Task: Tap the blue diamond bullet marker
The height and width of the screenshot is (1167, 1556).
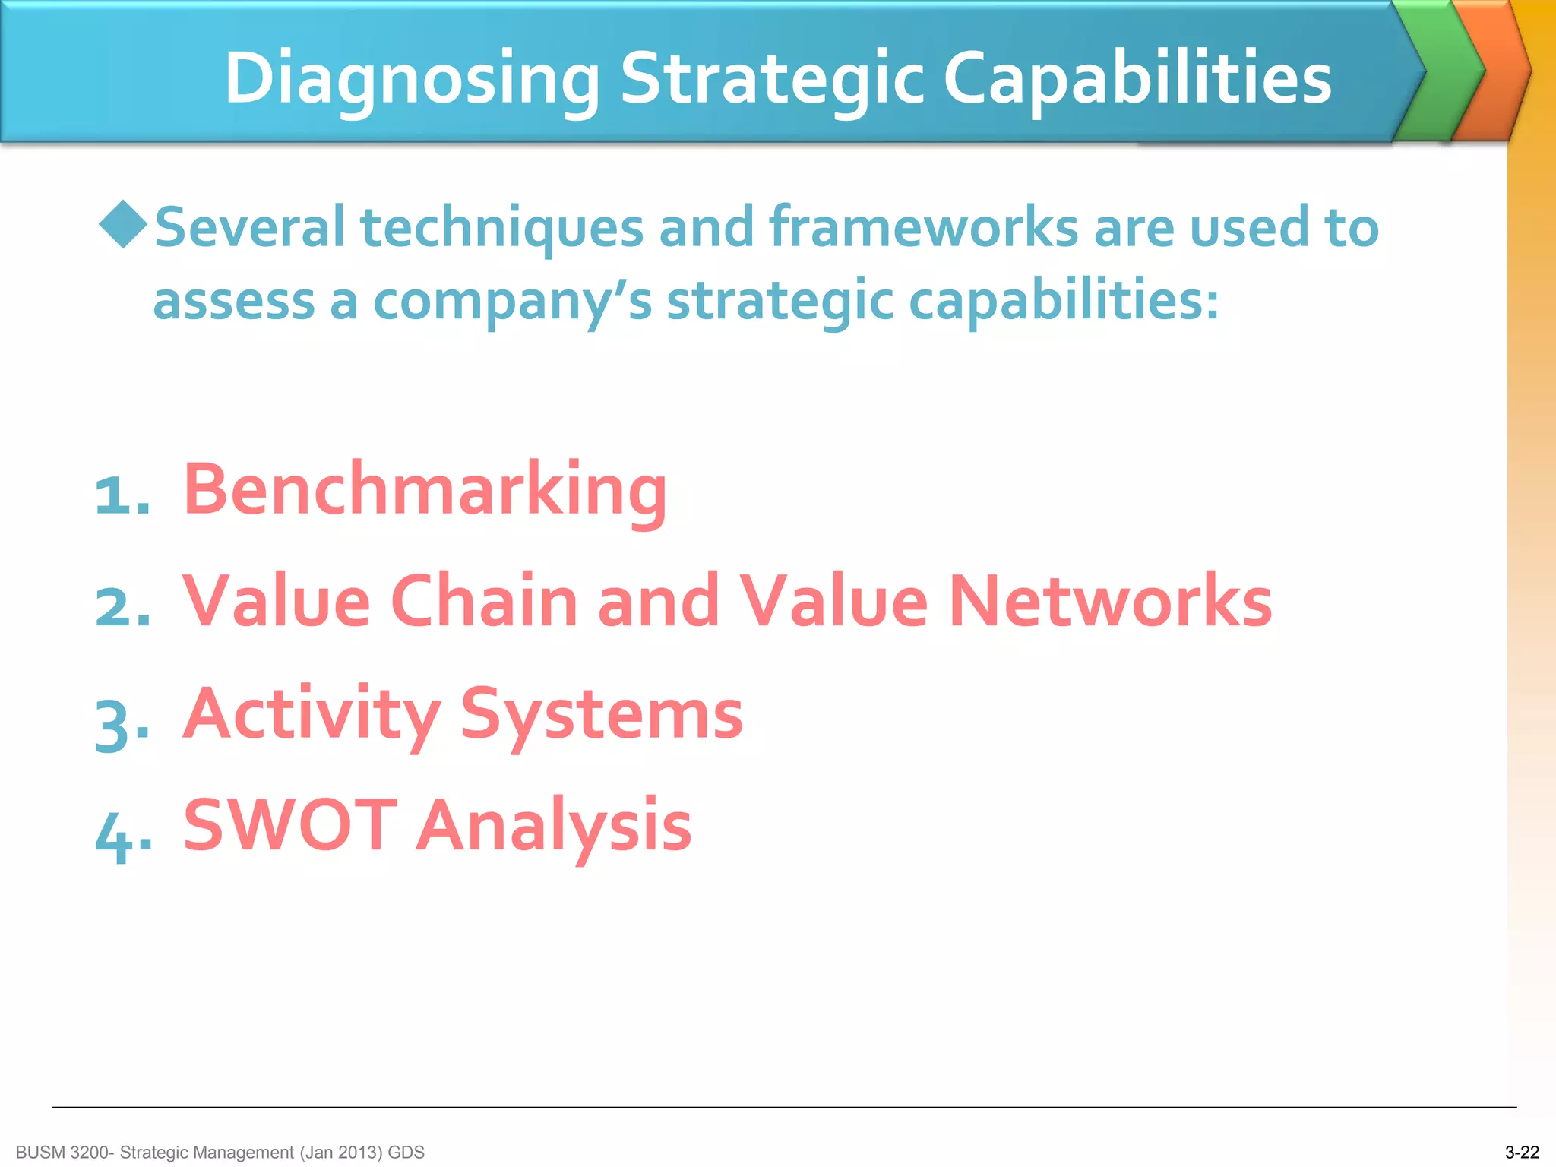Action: [123, 224]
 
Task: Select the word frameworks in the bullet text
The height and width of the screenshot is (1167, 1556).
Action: [923, 228]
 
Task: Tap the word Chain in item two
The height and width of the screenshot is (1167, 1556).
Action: [485, 602]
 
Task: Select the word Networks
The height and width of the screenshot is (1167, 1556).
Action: [1111, 602]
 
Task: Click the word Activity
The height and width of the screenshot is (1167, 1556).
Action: [312, 714]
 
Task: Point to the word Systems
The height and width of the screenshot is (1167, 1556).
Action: [601, 714]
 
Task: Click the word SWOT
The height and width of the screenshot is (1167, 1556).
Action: [290, 826]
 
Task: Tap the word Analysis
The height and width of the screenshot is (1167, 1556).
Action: [554, 826]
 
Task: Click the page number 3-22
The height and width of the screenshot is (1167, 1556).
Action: [1521, 1153]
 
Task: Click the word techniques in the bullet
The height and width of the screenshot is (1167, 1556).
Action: [501, 228]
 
